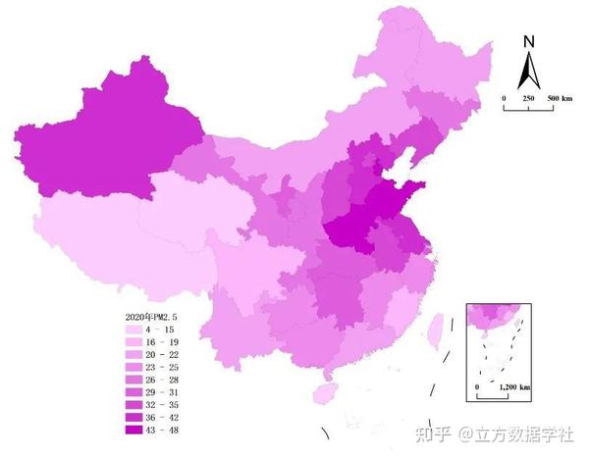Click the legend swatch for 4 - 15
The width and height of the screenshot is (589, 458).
pos(134,330)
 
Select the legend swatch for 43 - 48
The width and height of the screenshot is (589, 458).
pos(134,430)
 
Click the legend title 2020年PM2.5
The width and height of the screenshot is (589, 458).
pos(153,316)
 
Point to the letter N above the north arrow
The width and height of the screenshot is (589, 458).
pos(528,41)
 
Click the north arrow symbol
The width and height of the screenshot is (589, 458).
pos(528,69)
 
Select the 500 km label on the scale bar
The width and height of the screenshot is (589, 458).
pos(561,99)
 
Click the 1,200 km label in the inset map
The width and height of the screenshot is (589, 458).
pos(514,388)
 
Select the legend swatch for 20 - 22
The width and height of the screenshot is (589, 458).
pos(134,354)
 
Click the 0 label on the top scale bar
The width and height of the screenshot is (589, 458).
pos(504,99)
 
